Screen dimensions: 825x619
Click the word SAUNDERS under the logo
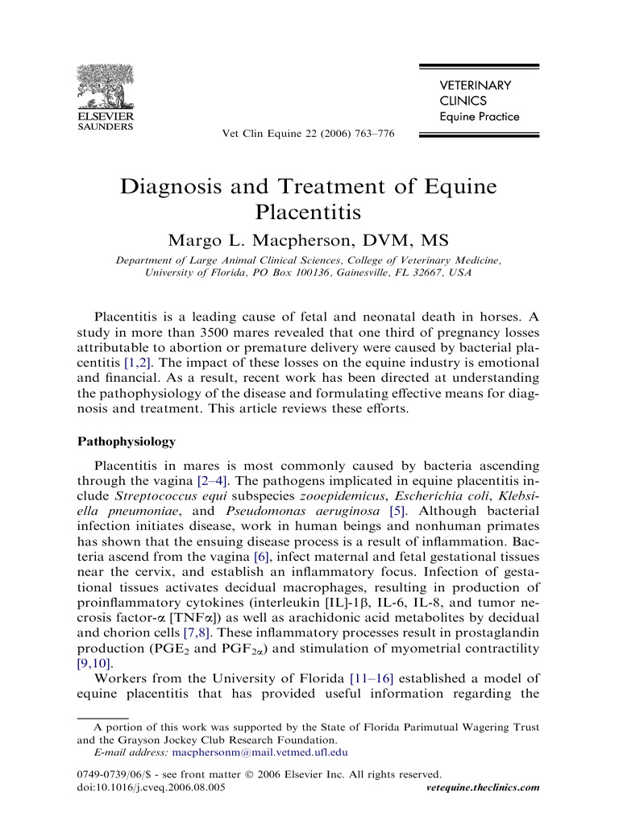click(105, 126)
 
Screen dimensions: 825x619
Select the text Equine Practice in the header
click(479, 117)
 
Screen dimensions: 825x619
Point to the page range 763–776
click(371, 134)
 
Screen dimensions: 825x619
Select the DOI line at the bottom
click(151, 787)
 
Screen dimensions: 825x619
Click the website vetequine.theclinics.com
click(481, 787)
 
